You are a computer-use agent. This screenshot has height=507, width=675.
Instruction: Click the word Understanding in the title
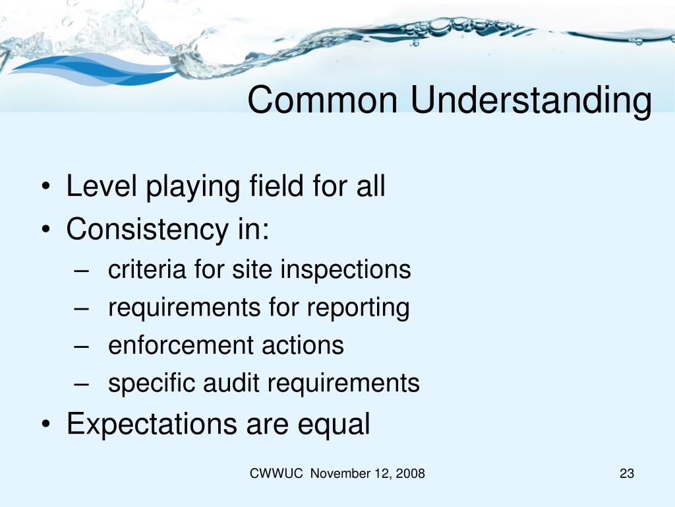tap(531, 101)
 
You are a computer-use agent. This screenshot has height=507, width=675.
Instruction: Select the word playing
tap(191, 188)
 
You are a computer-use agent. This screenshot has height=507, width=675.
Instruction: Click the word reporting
tap(358, 308)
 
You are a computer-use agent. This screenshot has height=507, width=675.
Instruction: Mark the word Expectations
tap(152, 424)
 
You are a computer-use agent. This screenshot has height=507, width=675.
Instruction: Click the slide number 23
tap(626, 473)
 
